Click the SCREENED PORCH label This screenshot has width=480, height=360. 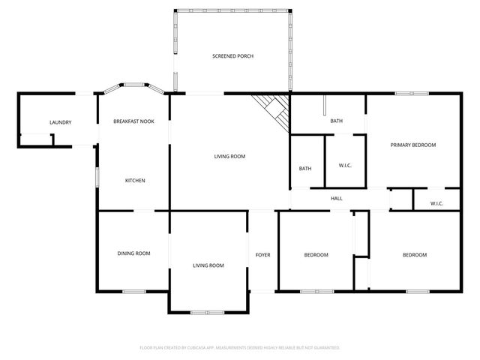point(232,56)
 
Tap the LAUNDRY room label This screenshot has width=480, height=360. point(60,122)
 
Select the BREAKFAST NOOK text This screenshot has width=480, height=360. point(133,121)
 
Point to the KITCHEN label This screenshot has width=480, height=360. point(135,181)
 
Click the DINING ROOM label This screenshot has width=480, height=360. point(133,253)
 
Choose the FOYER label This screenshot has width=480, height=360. point(262,255)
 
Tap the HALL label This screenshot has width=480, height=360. point(337,199)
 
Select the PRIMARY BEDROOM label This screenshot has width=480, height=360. point(412,145)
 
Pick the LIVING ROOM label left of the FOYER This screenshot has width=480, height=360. point(208,265)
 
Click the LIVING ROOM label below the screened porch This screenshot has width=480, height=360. point(229,156)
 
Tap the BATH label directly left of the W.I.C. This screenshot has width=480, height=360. point(305,169)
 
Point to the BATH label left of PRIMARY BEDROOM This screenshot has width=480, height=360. point(337,121)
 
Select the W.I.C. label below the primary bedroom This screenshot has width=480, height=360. point(436,203)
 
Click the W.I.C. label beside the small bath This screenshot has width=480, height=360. point(346,166)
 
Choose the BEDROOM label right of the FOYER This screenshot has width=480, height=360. point(316,255)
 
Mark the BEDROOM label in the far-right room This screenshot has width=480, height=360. point(414,255)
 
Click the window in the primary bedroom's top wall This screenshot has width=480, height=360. point(412,94)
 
